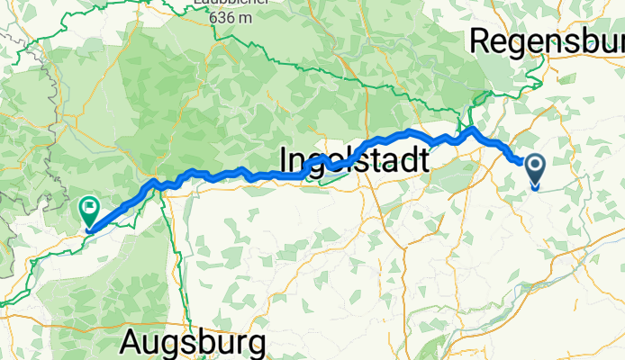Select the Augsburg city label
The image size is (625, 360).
195,343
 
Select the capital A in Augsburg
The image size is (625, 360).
132,343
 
